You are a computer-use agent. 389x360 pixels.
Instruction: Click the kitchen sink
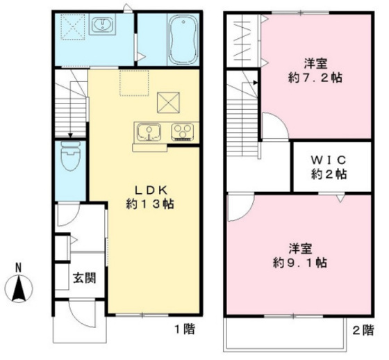point(149,131)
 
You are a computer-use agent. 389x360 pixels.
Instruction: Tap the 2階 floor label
point(362,332)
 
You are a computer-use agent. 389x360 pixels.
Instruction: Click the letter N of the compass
point(19,267)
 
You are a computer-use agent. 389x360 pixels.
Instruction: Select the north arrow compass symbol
point(19,286)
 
